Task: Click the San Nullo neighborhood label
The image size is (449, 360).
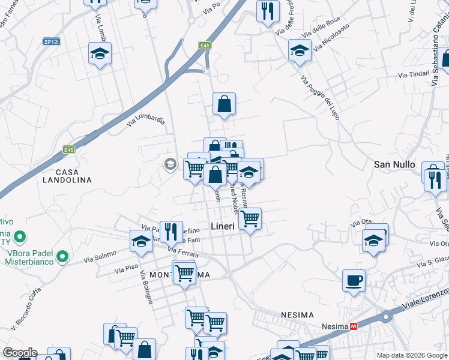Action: click(394, 164)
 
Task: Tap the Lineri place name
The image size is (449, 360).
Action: click(222, 226)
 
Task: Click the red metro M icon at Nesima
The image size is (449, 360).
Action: click(354, 326)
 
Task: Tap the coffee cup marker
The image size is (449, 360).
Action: click(354, 280)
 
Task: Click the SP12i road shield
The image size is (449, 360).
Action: click(51, 41)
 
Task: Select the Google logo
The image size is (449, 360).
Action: click(19, 352)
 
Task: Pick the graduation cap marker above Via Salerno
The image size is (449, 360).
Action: click(141, 241)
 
